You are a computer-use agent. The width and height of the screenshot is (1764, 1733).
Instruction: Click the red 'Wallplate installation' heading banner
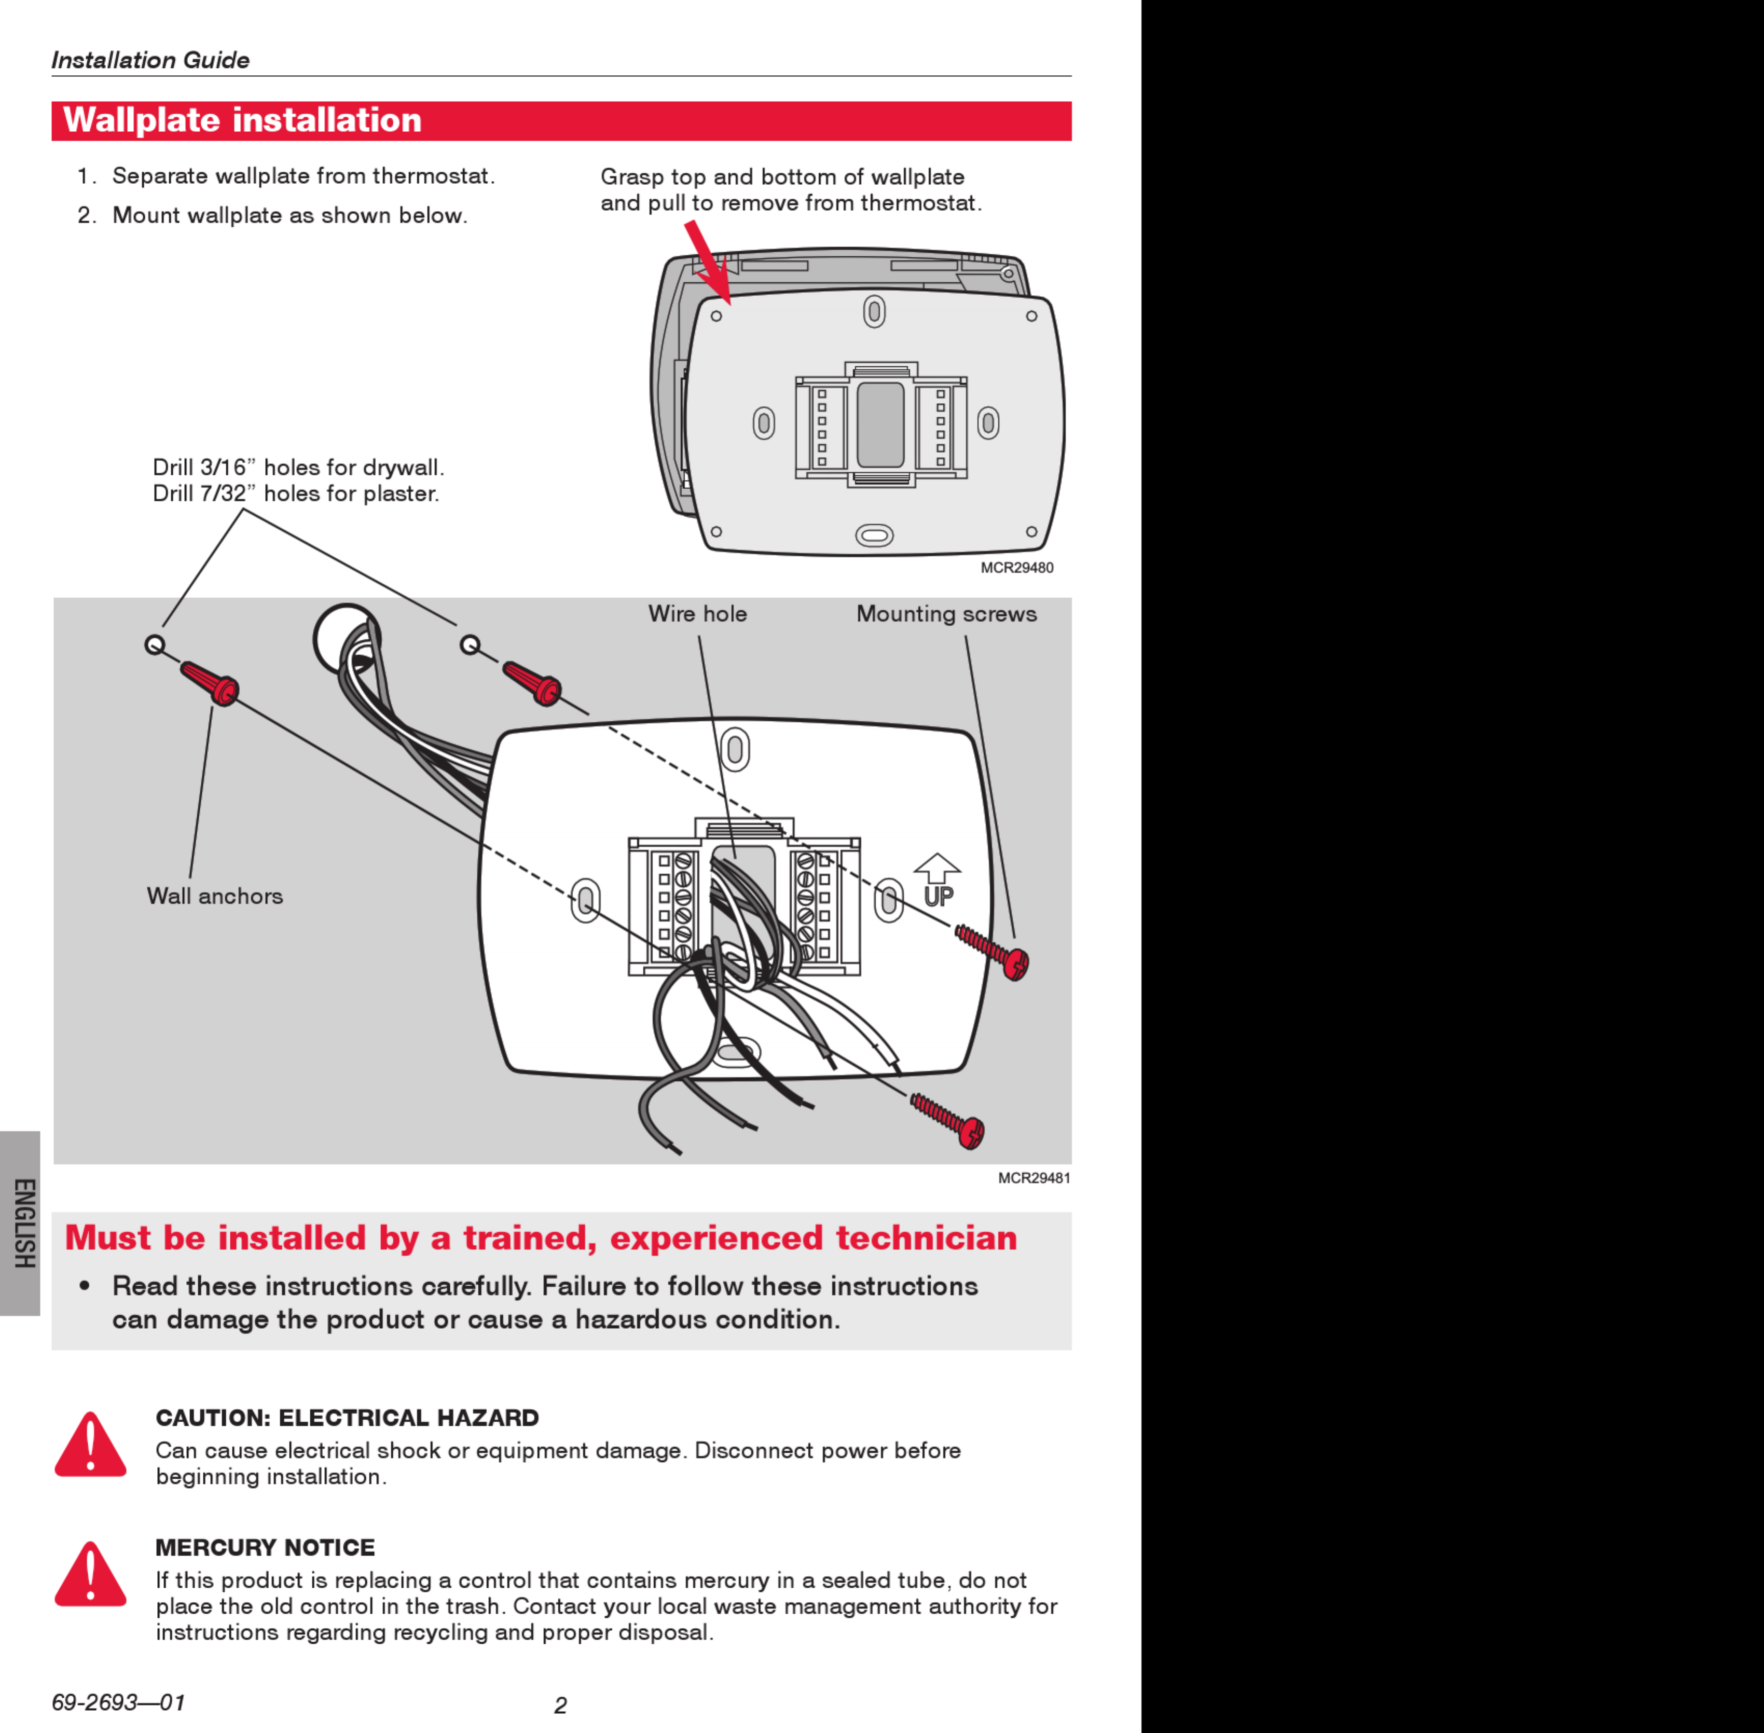coord(561,121)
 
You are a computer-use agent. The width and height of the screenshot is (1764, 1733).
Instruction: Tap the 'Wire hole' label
coord(697,614)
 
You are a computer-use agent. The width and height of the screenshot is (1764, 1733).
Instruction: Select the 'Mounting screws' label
coord(946,614)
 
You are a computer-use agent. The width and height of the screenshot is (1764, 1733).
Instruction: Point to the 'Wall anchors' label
coord(215,897)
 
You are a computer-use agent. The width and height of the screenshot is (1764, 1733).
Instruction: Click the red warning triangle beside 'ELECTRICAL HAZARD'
coord(90,1446)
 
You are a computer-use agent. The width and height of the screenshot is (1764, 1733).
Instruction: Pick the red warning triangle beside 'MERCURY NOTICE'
coord(90,1576)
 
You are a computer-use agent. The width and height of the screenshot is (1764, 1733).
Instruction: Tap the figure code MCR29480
coord(1017,568)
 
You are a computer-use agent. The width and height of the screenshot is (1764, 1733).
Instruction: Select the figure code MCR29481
coord(1034,1178)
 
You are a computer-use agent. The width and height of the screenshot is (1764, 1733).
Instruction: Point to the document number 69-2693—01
coord(118,1702)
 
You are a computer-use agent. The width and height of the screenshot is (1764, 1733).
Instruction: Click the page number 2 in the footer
coord(561,1706)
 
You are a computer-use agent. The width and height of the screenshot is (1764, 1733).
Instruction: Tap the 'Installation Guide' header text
coord(150,60)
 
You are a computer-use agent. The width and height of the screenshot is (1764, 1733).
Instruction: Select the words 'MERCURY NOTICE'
coord(265,1547)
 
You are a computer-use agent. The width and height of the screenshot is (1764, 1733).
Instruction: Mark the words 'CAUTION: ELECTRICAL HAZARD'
coord(347,1418)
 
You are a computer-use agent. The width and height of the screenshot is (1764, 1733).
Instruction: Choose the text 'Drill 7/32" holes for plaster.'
coord(296,493)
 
